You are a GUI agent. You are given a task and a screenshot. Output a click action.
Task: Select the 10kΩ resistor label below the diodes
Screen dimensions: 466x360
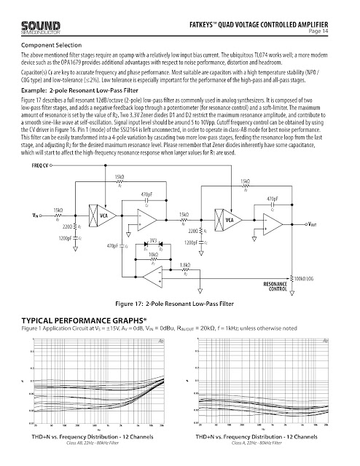[153, 255]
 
